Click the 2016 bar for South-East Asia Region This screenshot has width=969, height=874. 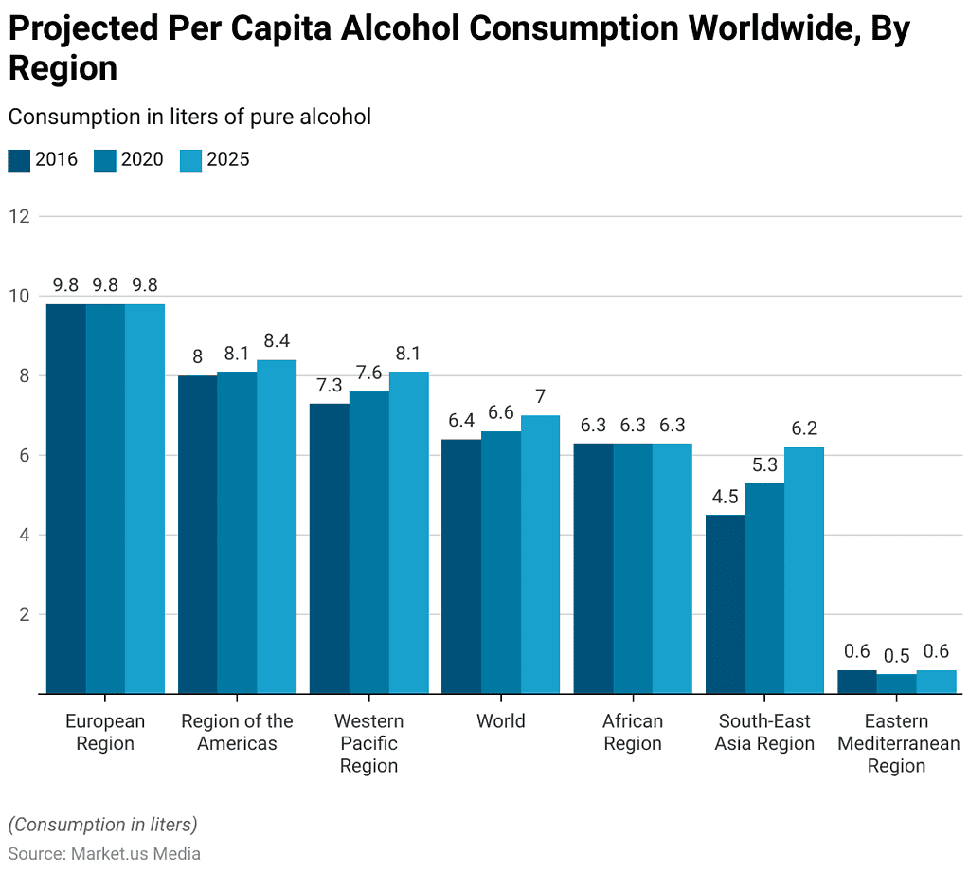click(x=725, y=604)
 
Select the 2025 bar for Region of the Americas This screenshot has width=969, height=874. click(x=277, y=526)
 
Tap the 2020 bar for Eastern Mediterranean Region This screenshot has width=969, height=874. click(x=896, y=683)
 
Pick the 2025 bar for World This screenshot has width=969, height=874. click(x=540, y=555)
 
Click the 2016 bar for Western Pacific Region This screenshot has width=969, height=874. click(x=330, y=548)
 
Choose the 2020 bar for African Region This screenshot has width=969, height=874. click(x=632, y=568)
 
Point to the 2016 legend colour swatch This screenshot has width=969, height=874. click(x=19, y=159)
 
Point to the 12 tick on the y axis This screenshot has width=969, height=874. click(x=19, y=216)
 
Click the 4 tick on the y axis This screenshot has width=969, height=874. click(x=24, y=535)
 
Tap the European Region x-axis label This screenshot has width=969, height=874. click(x=105, y=733)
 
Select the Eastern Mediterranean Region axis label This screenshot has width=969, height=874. click(x=897, y=744)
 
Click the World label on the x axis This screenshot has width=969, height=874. click(x=500, y=721)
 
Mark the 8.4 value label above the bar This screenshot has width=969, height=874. click(x=277, y=340)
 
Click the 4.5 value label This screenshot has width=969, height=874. click(x=725, y=496)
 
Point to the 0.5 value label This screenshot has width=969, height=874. click(x=896, y=655)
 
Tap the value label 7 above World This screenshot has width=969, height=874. click(x=540, y=396)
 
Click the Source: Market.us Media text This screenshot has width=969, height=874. click(x=104, y=853)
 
